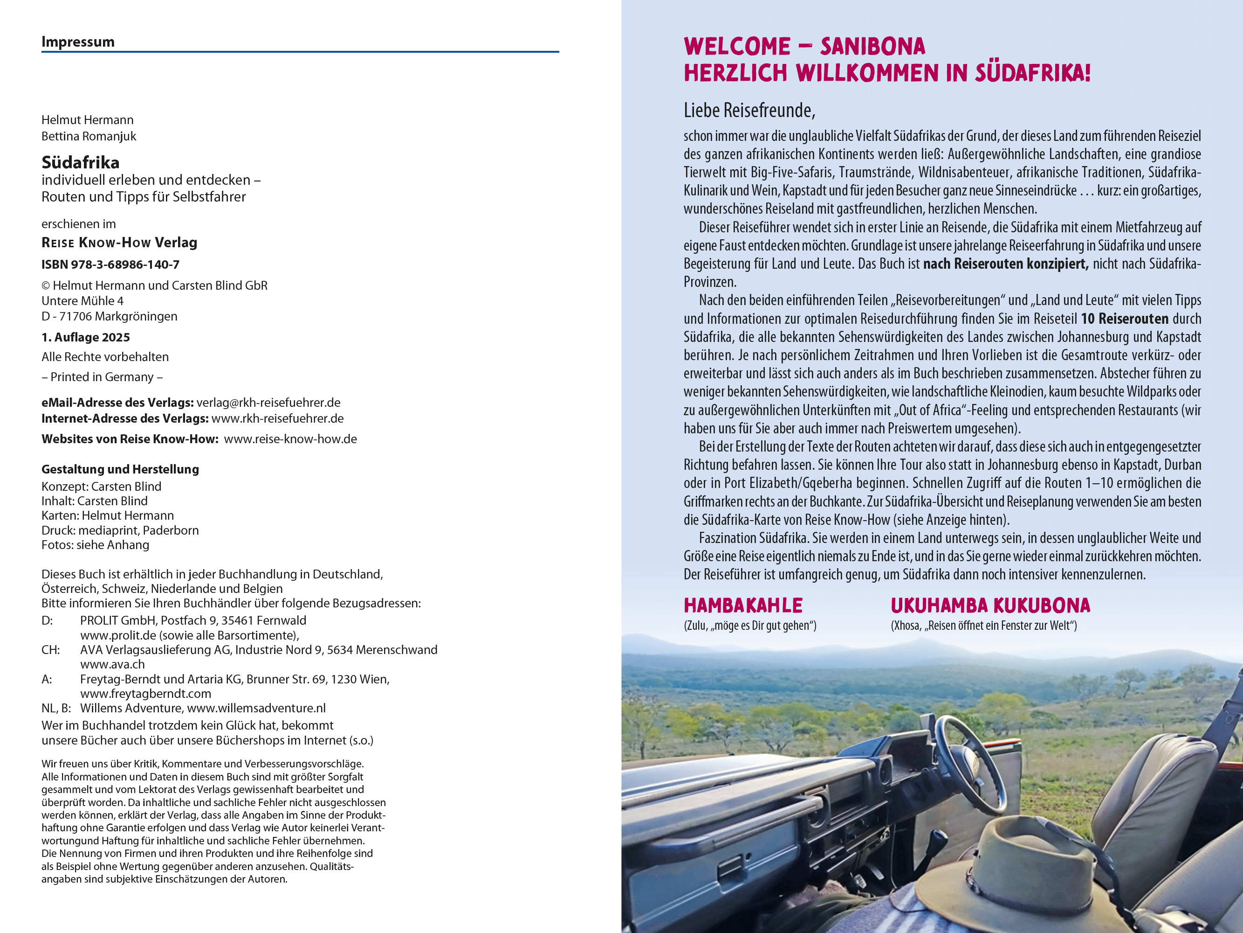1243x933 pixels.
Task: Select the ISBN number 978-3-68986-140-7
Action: click(x=125, y=265)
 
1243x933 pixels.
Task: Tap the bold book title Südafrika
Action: click(x=80, y=162)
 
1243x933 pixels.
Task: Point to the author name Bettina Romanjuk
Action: click(x=89, y=136)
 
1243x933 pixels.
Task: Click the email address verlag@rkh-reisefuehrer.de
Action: click(x=268, y=403)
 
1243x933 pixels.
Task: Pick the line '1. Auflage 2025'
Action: click(x=85, y=337)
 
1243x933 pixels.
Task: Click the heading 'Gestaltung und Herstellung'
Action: click(x=120, y=469)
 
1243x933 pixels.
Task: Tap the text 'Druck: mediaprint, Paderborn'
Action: click(x=120, y=530)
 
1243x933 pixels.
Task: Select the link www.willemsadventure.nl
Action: click(x=256, y=708)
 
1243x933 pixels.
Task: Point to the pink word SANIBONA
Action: click(x=872, y=47)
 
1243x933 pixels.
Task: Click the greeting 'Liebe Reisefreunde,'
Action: click(x=749, y=110)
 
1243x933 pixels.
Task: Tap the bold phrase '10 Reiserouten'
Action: click(x=1125, y=319)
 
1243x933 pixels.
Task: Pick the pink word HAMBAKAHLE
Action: click(x=743, y=606)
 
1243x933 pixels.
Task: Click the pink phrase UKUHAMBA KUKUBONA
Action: click(x=990, y=606)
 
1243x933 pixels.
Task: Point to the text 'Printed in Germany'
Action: click(x=102, y=377)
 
